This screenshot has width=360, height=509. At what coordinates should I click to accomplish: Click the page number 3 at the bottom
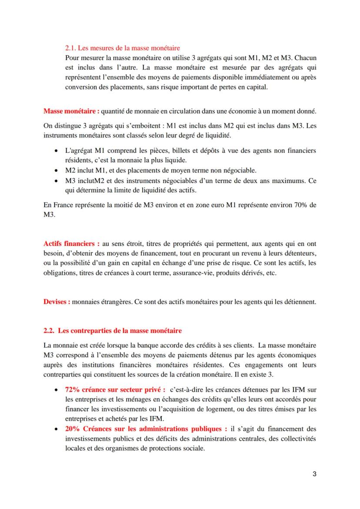pyautogui.click(x=314, y=474)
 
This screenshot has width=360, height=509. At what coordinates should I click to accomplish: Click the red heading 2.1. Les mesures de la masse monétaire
pyautogui.click(x=122, y=47)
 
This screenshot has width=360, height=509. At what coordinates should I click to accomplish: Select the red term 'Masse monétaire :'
pyautogui.click(x=71, y=111)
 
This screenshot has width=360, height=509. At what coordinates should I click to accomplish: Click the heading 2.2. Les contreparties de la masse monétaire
pyautogui.click(x=113, y=331)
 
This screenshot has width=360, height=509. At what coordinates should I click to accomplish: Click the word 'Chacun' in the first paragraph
pyautogui.click(x=306, y=57)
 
